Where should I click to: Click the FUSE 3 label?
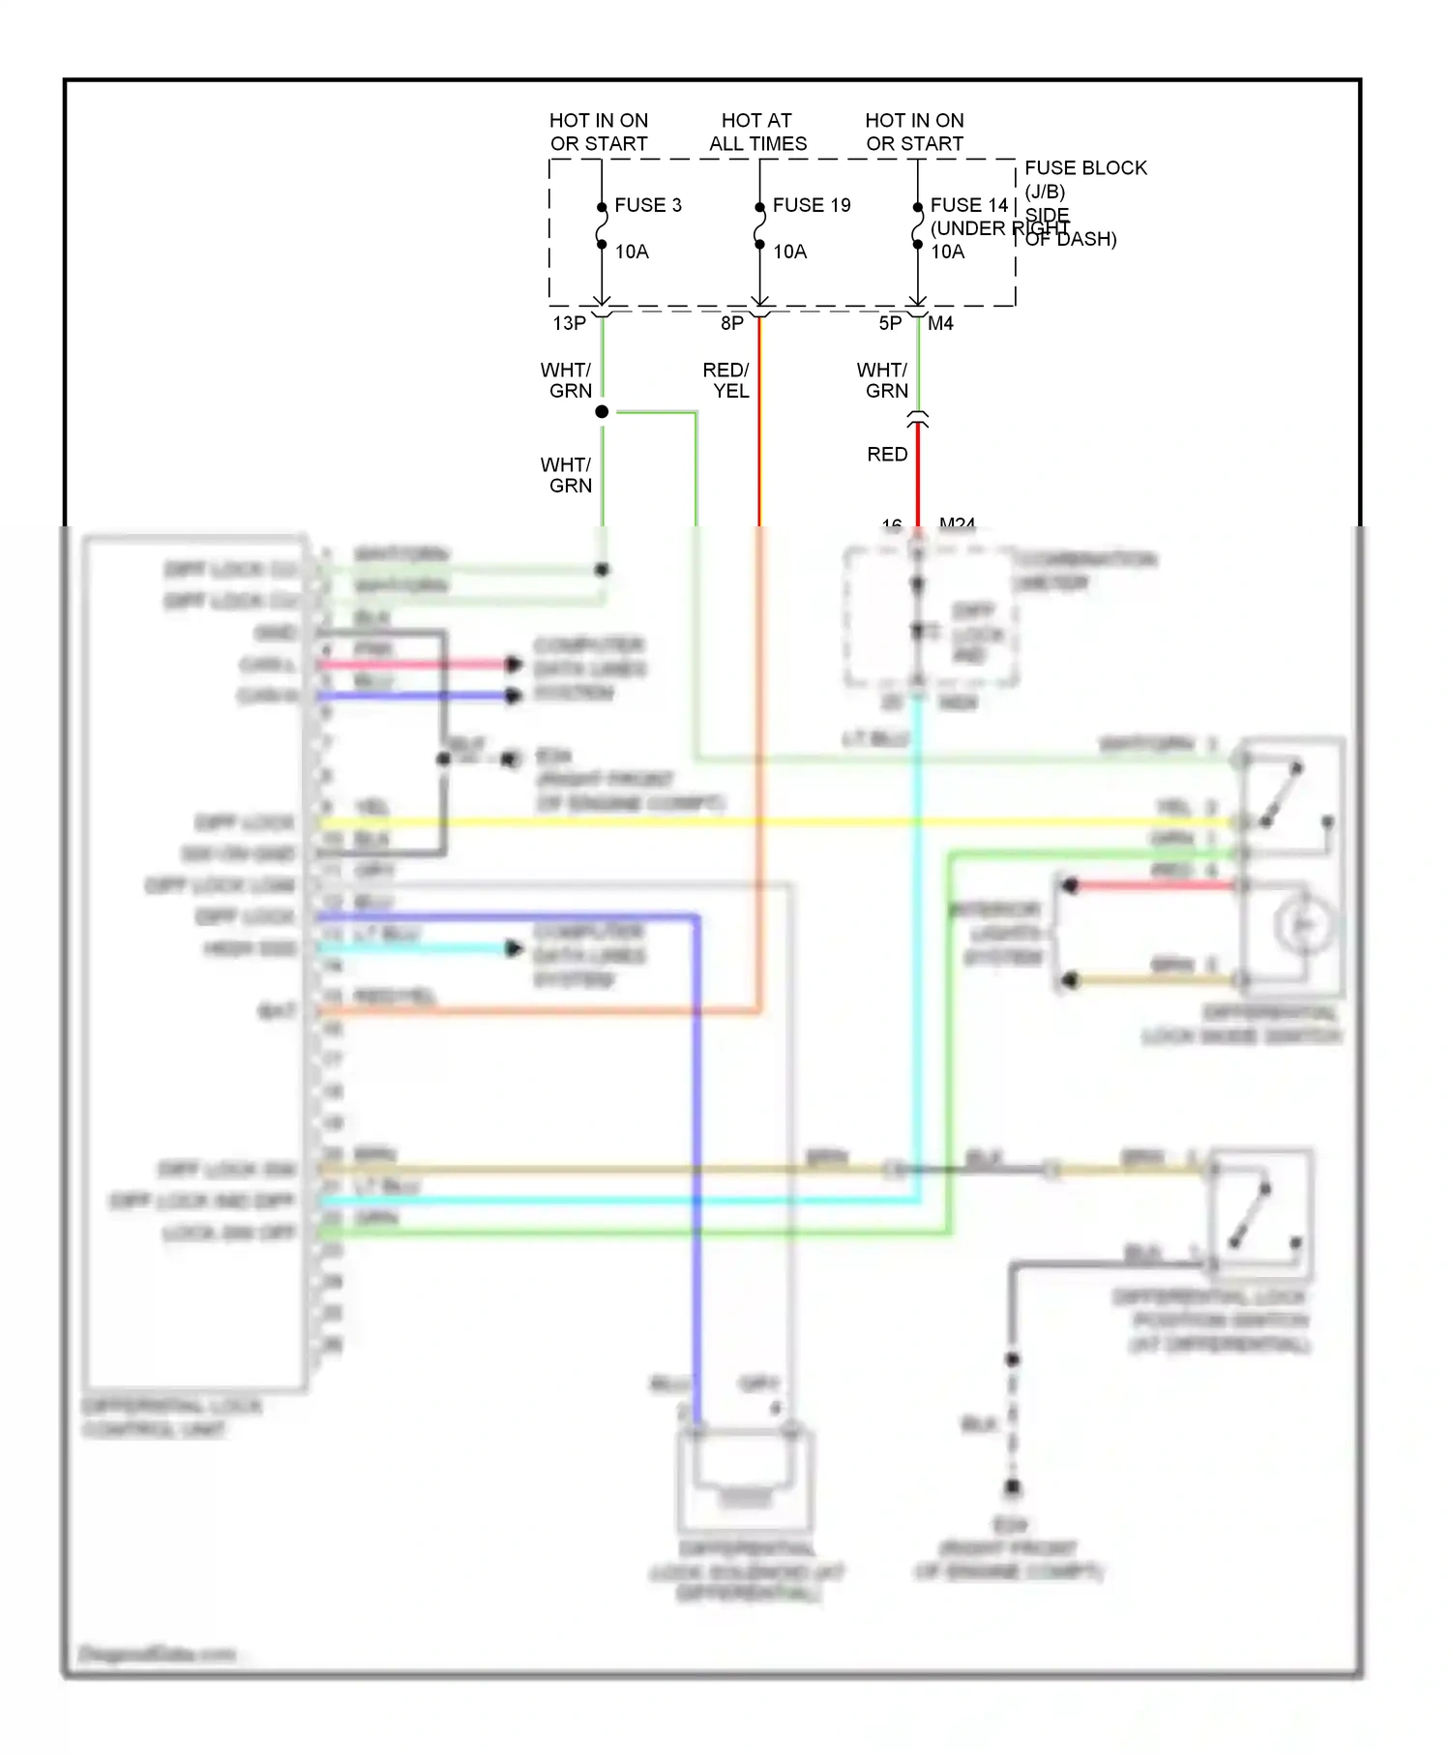[x=648, y=205]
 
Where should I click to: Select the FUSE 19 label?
[x=812, y=205]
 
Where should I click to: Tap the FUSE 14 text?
[x=969, y=205]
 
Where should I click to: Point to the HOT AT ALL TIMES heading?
[x=757, y=133]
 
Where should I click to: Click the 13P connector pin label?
[x=570, y=323]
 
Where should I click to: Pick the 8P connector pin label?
[x=732, y=323]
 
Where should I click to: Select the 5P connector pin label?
[x=890, y=323]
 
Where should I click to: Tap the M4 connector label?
[x=940, y=323]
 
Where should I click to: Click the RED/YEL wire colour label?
[x=726, y=380]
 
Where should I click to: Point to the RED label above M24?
[x=887, y=454]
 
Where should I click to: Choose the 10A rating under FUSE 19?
[x=790, y=252]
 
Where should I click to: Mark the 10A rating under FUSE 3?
[x=632, y=252]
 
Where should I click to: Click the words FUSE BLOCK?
[x=1085, y=168]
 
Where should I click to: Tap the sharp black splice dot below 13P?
[x=602, y=412]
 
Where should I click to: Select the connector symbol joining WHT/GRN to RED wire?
[x=918, y=420]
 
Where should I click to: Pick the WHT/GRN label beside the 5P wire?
[x=882, y=380]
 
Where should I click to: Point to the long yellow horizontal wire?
[x=774, y=822]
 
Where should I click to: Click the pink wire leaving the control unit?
[x=416, y=664]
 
